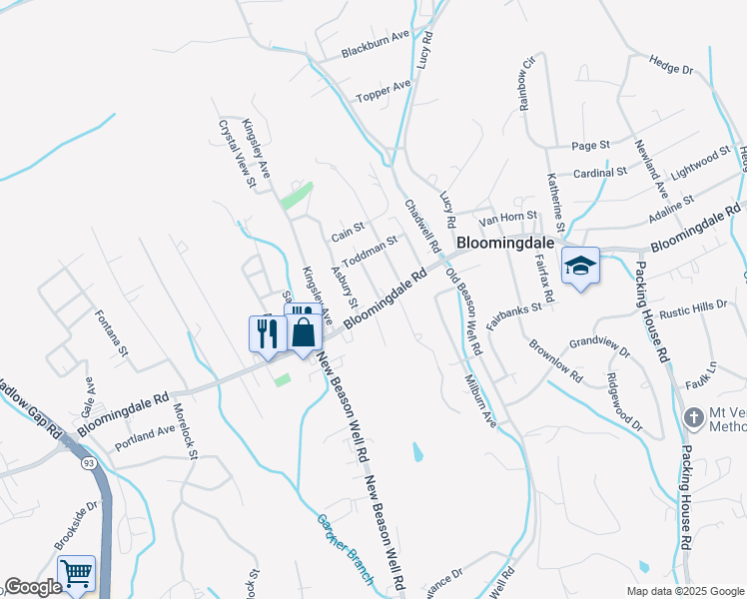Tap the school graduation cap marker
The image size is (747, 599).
pos(580,266)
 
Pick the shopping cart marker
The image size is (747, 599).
pos(76,574)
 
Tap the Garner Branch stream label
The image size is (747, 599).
pos(345,548)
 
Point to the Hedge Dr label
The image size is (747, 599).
pos(671,65)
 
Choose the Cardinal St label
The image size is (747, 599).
pos(599,172)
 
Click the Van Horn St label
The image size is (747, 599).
pos(508,215)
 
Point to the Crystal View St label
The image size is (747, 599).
pos(239,153)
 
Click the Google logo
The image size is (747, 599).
pos(33,588)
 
